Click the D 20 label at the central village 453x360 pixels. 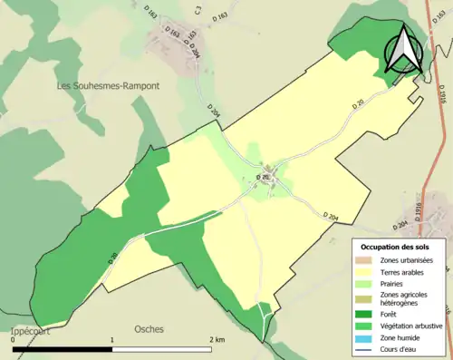tap(263, 176)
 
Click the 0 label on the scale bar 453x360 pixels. tap(14, 339)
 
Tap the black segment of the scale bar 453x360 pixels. tap(63, 348)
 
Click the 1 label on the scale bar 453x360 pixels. tap(112, 339)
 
